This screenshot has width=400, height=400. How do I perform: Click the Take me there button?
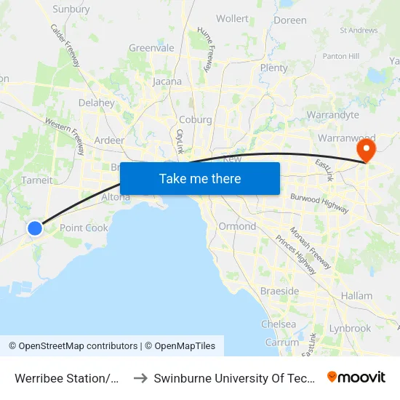pos(199,178)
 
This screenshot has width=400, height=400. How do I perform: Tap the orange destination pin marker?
pos(365,151)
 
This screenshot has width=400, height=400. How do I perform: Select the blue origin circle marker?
pos(35,228)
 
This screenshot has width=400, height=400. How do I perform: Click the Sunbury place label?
pos(71,10)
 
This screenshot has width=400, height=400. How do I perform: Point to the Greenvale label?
pos(151,48)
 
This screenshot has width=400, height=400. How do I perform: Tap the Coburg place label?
pos(195,120)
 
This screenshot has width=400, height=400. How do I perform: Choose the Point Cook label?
pos(84,228)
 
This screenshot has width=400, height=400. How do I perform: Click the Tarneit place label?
pos(37,180)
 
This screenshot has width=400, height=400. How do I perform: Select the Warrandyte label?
pos(333,115)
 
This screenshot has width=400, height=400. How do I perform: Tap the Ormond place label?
pos(237,226)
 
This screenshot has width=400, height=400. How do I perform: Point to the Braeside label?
pos(279,291)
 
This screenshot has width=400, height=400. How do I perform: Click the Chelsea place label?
pos(279,324)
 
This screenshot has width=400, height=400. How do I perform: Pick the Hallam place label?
pos(356,296)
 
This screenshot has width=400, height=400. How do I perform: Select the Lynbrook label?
pos(350,329)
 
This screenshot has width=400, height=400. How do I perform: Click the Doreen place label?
pos(291,20)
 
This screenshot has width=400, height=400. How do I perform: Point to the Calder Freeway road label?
pos(65,45)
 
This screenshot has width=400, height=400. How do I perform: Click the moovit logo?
pos(356,377)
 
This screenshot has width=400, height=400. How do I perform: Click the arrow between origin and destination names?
pos(140,378)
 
